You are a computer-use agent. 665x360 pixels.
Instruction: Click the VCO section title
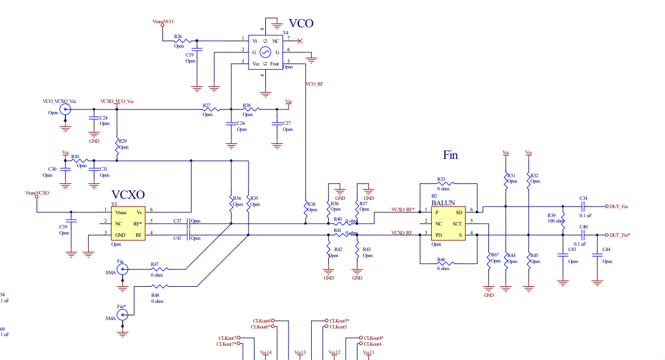coord(301,24)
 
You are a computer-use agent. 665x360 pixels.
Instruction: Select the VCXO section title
coord(128,195)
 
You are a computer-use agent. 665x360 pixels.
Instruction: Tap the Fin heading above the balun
coord(450,155)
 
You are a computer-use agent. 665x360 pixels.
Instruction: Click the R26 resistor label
coord(178,37)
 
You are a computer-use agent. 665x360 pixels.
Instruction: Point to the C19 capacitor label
coord(190,55)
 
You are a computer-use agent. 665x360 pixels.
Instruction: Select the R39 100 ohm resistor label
coord(551,215)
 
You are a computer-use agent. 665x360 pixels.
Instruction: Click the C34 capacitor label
coord(583,198)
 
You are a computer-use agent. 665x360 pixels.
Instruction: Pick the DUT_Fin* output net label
coord(619,235)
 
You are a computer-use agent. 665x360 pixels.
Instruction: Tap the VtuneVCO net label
coord(163,21)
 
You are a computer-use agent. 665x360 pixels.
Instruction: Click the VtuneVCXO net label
coord(37,193)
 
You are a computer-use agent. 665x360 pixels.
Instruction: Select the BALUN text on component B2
coord(443,203)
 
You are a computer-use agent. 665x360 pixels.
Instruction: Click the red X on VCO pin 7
coord(300,41)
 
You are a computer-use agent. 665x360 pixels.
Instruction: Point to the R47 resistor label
coord(155,264)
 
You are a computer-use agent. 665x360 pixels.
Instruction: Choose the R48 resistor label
coord(155,295)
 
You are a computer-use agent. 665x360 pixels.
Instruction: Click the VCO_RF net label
coord(314,84)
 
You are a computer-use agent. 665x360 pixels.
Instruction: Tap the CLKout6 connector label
coord(262,321)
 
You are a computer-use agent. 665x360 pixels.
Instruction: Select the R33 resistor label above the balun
coord(441,179)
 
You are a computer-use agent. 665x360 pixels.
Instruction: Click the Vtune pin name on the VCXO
coord(121,212)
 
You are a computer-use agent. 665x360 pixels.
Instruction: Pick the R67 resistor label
coord(494,255)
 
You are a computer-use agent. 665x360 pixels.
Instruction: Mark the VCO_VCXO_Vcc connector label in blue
coord(59,101)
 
